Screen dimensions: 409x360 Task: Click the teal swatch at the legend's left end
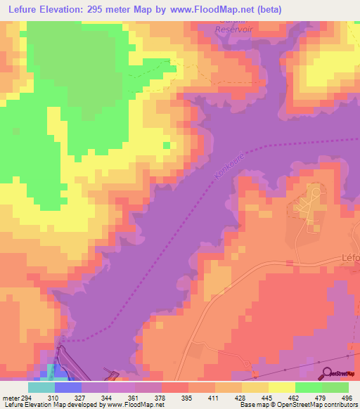coord(41,387)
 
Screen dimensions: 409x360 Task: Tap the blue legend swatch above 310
coord(68,387)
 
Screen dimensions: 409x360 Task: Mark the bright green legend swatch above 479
coord(309,387)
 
